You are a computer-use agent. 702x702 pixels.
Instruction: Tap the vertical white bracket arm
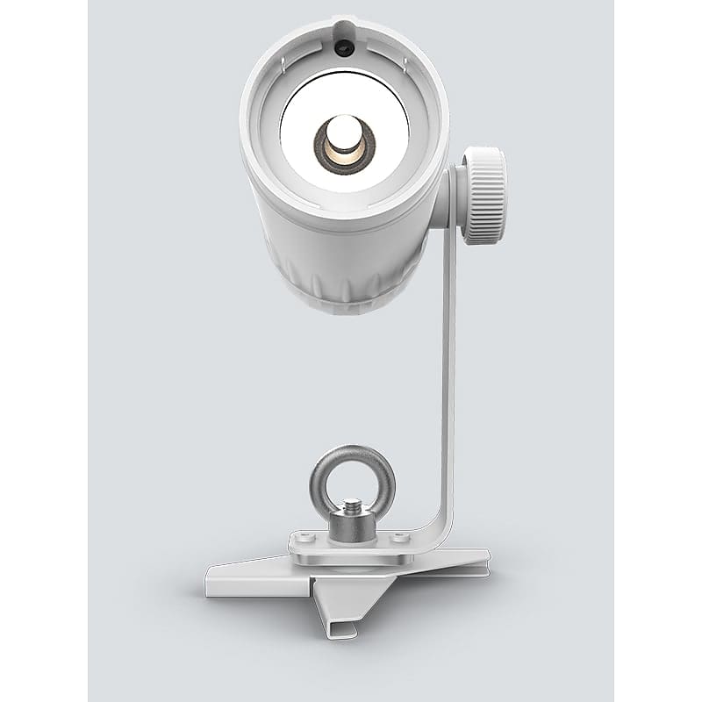pos(451,369)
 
